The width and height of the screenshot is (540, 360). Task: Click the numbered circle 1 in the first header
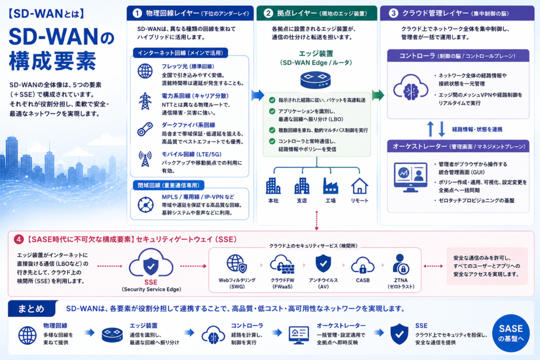point(137,13)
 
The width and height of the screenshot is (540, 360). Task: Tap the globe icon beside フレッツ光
point(145,71)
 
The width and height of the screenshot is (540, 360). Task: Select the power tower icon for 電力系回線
point(145,101)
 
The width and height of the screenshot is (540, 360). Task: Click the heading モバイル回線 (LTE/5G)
point(191,154)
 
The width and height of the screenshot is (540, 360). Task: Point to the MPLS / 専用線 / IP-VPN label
point(198,197)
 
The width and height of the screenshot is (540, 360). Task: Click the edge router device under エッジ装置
point(315,80)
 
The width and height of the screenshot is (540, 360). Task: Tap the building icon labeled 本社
point(273,186)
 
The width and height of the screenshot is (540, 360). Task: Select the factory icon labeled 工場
point(330,186)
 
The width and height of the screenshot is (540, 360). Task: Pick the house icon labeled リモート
point(359,186)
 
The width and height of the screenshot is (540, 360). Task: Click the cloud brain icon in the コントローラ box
point(410,88)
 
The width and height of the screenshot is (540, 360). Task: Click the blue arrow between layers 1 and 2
point(257,95)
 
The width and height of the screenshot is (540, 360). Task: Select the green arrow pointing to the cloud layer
point(378,95)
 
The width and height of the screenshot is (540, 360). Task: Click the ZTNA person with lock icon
point(401,264)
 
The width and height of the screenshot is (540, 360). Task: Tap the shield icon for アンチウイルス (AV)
point(323,264)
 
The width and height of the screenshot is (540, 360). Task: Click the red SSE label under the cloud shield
point(151,282)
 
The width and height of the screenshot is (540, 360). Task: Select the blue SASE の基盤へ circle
point(510,333)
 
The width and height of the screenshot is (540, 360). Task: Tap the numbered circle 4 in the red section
point(18,239)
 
